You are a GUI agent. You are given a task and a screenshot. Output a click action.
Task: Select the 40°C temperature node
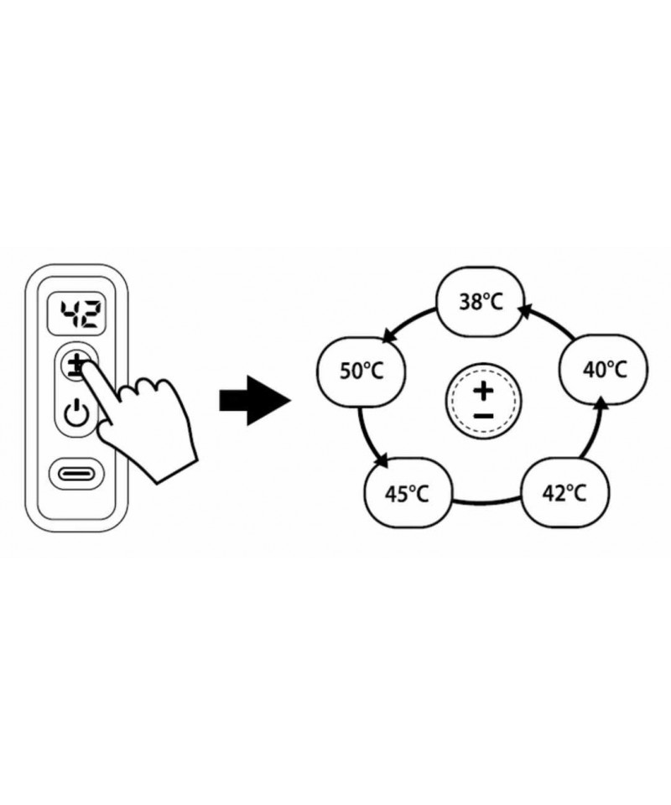click(604, 369)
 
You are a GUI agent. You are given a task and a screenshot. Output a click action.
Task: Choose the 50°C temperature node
click(361, 371)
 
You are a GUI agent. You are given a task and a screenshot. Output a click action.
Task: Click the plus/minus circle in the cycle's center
click(482, 402)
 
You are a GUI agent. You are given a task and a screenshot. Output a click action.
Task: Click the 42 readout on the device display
click(78, 314)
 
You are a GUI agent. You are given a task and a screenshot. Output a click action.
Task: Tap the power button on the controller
click(77, 413)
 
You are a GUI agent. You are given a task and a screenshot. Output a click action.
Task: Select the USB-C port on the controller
click(77, 475)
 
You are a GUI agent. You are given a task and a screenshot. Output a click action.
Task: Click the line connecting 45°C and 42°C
click(486, 502)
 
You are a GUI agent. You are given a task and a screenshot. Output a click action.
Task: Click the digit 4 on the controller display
click(66, 314)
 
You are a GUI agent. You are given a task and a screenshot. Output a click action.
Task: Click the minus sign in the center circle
click(482, 417)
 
